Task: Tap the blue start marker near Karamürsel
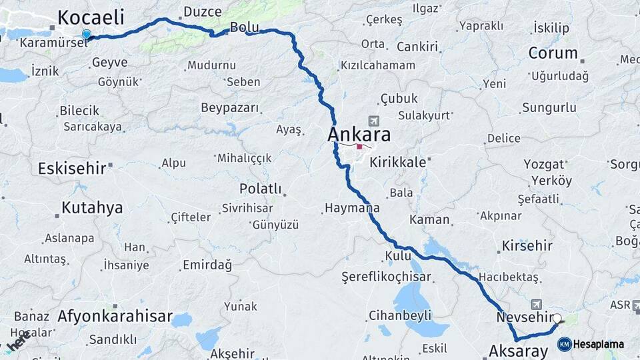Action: click(86, 35)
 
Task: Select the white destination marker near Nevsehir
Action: click(557, 319)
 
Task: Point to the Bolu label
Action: click(243, 27)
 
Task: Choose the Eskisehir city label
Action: click(72, 169)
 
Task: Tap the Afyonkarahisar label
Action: click(115, 316)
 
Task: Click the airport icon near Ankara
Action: click(373, 121)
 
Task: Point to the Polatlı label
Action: click(261, 189)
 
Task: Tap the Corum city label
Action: click(553, 53)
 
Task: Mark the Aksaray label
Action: click(518, 351)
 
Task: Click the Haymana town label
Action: click(352, 208)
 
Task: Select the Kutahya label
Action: click(92, 208)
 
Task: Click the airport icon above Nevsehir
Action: click(536, 305)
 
